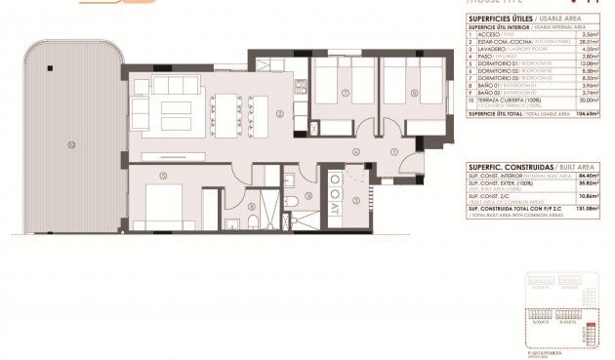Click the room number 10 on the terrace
(70, 145)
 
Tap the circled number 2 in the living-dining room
(280, 114)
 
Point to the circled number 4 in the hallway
(357, 152)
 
